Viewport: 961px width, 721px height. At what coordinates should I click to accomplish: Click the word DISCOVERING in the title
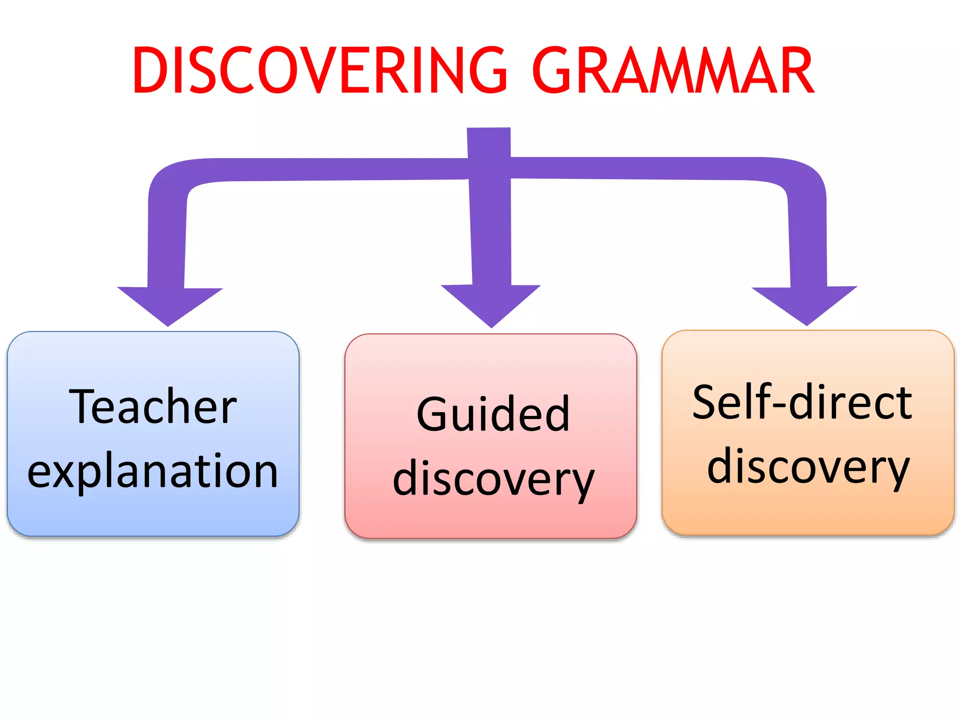coord(319,70)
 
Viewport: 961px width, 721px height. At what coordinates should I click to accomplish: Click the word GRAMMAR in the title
coord(673,70)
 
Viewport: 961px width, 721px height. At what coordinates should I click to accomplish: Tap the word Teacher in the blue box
coord(153,407)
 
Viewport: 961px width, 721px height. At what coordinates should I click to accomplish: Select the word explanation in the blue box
coord(153,472)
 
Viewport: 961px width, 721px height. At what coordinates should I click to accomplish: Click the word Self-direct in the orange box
coord(802,402)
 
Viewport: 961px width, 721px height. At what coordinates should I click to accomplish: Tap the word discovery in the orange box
coord(808,468)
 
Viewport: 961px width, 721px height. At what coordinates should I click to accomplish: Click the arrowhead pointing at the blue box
coord(169,305)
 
